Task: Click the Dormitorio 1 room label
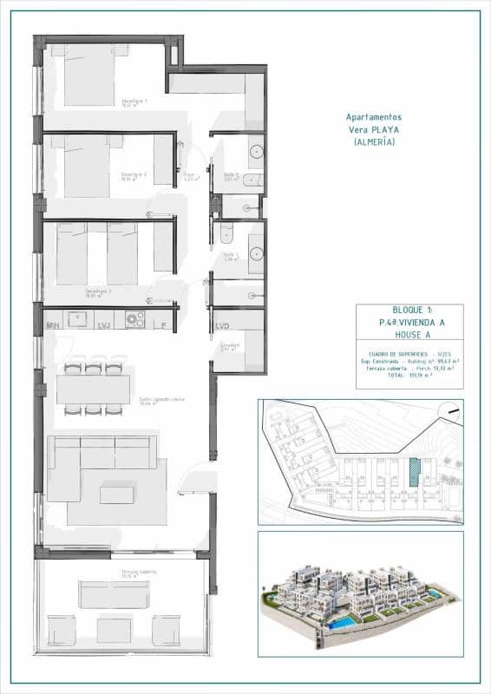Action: pyautogui.click(x=133, y=101)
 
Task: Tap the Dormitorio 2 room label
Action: pyautogui.click(x=133, y=175)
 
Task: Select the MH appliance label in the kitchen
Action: pyautogui.click(x=53, y=325)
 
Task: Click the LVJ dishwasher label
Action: pyautogui.click(x=105, y=325)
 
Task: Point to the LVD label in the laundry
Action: pyautogui.click(x=223, y=325)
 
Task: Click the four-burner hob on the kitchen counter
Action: pyautogui.click(x=134, y=319)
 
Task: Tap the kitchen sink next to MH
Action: pyautogui.click(x=78, y=318)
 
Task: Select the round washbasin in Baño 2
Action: pyautogui.click(x=257, y=153)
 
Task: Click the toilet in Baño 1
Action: pyautogui.click(x=225, y=232)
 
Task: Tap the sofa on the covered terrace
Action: pyautogui.click(x=115, y=594)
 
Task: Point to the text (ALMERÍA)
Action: pyautogui.click(x=374, y=141)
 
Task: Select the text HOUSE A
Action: pyautogui.click(x=409, y=334)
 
